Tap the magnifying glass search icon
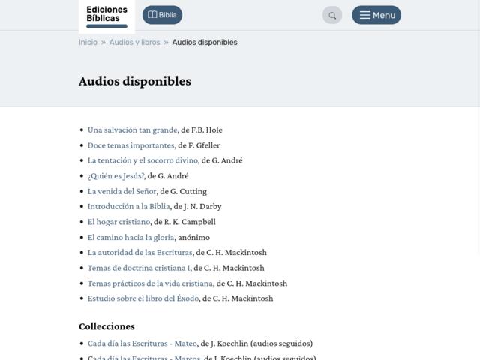tap(332, 15)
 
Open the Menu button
tap(376, 15)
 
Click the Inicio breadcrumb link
tap(88, 43)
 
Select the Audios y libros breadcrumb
tap(134, 43)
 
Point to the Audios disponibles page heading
tap(135, 81)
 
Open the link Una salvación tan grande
tap(132, 130)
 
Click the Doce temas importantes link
tap(130, 145)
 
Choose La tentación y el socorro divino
tap(142, 160)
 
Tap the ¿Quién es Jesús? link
tap(115, 176)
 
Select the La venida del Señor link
tap(121, 191)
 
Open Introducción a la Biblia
tap(128, 206)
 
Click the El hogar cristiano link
tap(118, 222)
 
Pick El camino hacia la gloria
tap(130, 237)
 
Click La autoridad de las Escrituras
tap(139, 253)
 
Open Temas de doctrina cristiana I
tap(138, 268)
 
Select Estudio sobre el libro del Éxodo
tap(142, 298)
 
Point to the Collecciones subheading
tap(106, 326)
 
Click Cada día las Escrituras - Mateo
tap(142, 343)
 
